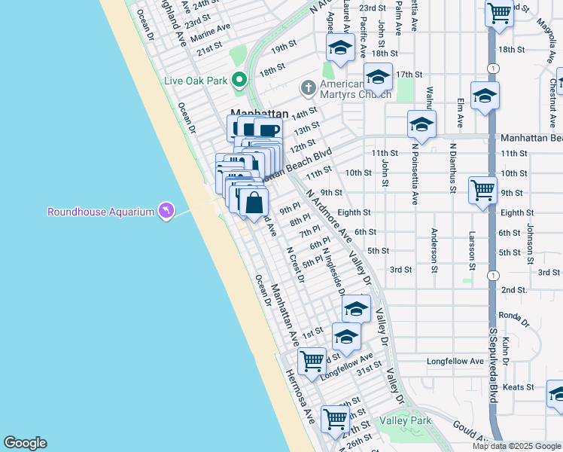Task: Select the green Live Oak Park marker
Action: pyautogui.click(x=240, y=79)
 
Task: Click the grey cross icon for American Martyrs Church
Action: pyautogui.click(x=308, y=88)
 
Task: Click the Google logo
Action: pyautogui.click(x=25, y=443)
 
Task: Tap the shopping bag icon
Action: pyautogui.click(x=254, y=202)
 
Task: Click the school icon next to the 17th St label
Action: pyautogui.click(x=378, y=77)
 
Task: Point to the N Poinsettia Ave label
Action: pyautogui.click(x=414, y=174)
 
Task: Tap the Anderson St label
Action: pyautogui.click(x=435, y=246)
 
